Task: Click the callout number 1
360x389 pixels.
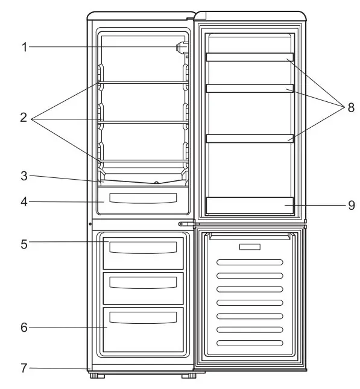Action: point(25,47)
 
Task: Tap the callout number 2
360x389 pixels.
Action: point(24,118)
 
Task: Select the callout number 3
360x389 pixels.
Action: point(24,176)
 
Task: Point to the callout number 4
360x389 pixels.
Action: point(24,201)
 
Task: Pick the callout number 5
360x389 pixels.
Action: point(24,244)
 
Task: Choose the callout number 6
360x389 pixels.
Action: point(24,327)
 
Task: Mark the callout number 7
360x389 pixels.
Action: point(24,367)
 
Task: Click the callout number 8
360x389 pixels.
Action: point(351,108)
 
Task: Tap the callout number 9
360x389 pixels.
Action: point(351,205)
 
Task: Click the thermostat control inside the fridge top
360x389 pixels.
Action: point(180,47)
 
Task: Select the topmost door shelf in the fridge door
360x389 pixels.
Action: point(250,57)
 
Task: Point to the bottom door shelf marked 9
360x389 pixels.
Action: point(250,205)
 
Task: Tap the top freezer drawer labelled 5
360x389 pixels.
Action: point(143,252)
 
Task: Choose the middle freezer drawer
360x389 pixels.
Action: point(143,288)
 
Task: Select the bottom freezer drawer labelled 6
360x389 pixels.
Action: point(143,329)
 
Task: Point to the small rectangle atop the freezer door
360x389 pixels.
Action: point(250,247)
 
